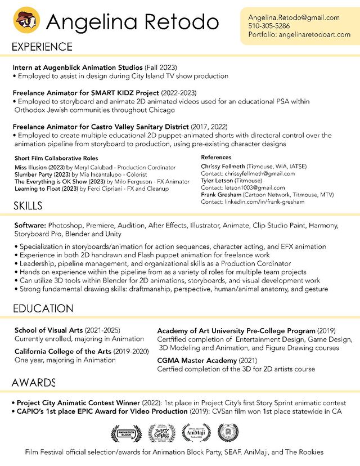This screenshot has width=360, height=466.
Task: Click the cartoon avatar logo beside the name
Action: pos(26,21)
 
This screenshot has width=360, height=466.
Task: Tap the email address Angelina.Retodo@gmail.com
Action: pos(294,17)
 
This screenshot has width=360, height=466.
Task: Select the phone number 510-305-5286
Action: pos(269,26)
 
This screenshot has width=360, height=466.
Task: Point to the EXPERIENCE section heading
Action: pos(42,47)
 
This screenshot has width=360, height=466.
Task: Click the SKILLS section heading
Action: pos(28,207)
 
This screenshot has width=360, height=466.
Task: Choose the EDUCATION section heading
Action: pos(43,309)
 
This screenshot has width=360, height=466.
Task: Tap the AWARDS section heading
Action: pos(34,383)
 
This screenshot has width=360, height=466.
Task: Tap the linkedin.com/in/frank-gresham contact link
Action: pos(264,202)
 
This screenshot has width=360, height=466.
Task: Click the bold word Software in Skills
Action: pos(30,225)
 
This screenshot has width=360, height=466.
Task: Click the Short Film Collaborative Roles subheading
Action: pos(56,159)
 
